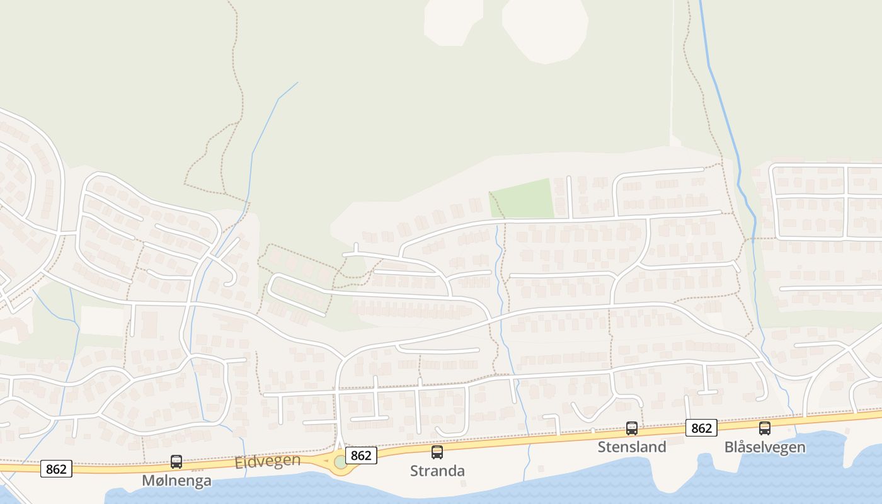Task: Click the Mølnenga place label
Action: click(x=176, y=481)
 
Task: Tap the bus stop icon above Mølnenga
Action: click(x=176, y=462)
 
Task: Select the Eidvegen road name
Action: click(x=268, y=461)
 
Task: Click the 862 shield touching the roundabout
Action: click(x=361, y=455)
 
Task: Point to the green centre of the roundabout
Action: click(x=341, y=462)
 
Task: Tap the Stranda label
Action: click(x=437, y=471)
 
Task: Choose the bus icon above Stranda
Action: click(x=437, y=452)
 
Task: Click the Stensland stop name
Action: click(x=632, y=447)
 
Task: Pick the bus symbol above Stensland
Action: click(x=632, y=428)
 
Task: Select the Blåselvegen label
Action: click(x=765, y=447)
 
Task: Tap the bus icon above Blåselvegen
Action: click(x=765, y=428)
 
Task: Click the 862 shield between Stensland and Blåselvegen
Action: click(x=701, y=428)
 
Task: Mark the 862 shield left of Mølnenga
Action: click(x=56, y=469)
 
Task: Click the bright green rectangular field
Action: click(x=522, y=199)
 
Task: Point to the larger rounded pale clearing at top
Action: click(x=546, y=28)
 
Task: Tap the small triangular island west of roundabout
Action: click(x=325, y=462)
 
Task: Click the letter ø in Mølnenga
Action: click(x=157, y=481)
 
